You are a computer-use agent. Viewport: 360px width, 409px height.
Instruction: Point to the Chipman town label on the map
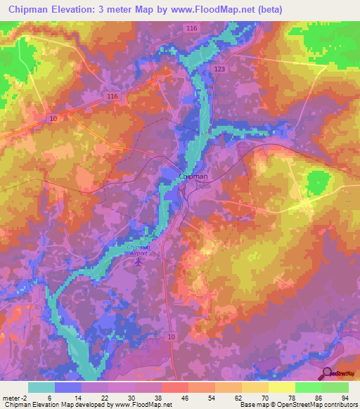point(193,176)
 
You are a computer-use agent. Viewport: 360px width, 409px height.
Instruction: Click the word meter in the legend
point(12,397)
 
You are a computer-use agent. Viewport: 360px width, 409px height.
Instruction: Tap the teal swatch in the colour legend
point(41,387)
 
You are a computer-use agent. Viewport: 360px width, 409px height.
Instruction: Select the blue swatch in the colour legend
point(68,387)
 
